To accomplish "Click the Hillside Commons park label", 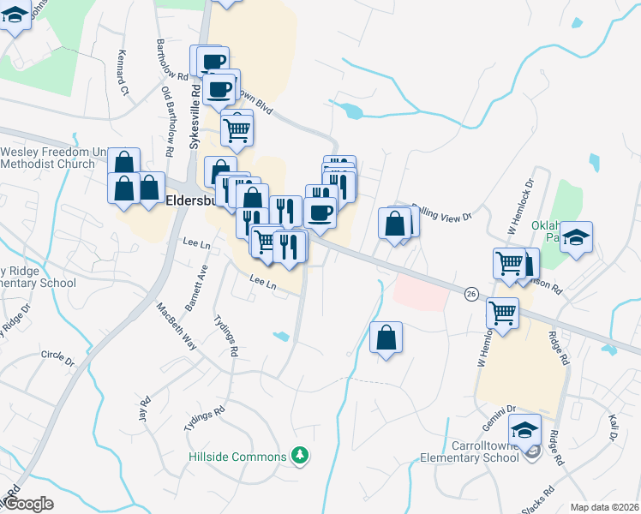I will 237,457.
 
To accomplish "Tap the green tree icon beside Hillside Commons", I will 299,453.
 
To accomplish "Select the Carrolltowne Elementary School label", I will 470,451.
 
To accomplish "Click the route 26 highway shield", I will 471,294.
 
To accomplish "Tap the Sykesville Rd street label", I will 195,115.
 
